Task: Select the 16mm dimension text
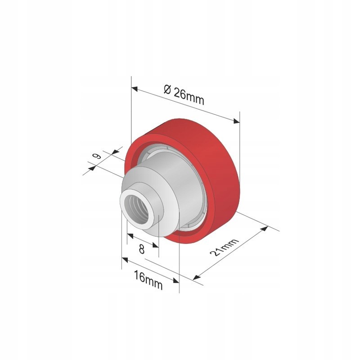pyautogui.click(x=147, y=277)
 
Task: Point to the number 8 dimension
pyautogui.click(x=142, y=249)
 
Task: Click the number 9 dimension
pyautogui.click(x=96, y=157)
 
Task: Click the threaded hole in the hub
pyautogui.click(x=135, y=207)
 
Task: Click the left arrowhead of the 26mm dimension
pyautogui.click(x=134, y=89)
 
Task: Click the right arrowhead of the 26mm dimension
pyautogui.click(x=237, y=120)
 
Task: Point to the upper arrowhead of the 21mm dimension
pyautogui.click(x=265, y=229)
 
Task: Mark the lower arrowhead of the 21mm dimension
pyautogui.click(x=195, y=277)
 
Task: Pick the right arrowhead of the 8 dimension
pyautogui.click(x=156, y=245)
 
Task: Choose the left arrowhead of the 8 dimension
pyautogui.click(x=129, y=235)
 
